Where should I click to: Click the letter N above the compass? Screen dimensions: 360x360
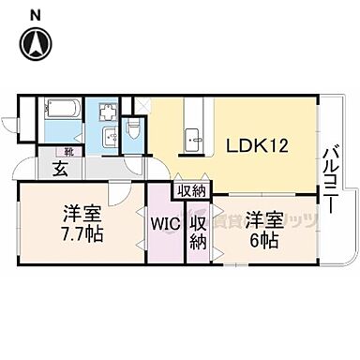point(35,13)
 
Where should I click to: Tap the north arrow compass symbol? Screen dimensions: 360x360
point(36,43)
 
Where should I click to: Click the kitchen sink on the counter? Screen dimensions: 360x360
point(195,139)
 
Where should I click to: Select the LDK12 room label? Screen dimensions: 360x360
point(256,145)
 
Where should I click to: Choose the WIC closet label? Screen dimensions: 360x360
point(165,226)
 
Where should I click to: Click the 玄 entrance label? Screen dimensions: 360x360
point(59,169)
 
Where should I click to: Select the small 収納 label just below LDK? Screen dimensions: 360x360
point(191,190)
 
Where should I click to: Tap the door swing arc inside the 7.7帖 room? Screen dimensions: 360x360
point(113,194)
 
